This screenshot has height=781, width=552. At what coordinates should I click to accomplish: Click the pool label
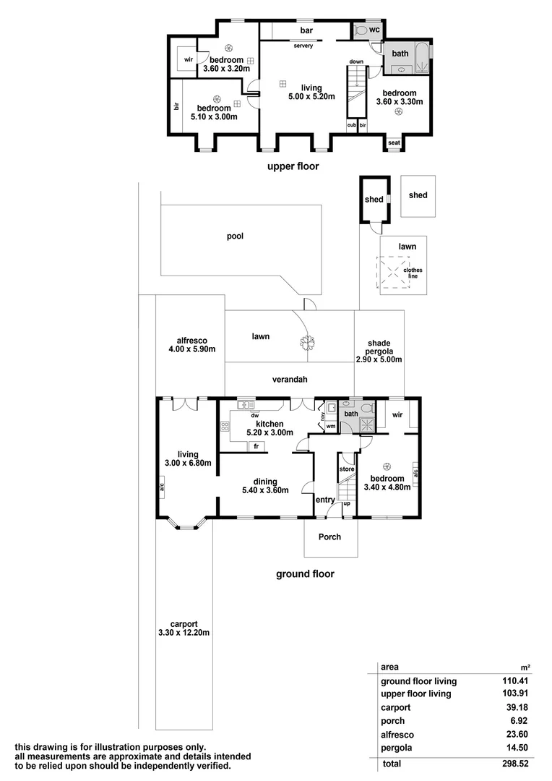click(x=236, y=236)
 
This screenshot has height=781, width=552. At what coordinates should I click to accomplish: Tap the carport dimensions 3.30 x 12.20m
click(x=184, y=633)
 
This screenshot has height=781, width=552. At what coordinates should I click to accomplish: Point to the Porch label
click(x=329, y=537)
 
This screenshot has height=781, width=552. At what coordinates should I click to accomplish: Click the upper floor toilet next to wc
click(x=361, y=30)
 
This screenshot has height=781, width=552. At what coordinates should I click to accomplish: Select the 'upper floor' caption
click(x=293, y=166)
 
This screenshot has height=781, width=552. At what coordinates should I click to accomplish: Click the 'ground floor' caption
click(x=305, y=575)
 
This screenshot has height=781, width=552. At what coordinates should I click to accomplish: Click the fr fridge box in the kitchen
click(x=256, y=446)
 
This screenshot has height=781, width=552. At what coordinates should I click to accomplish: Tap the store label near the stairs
click(x=347, y=469)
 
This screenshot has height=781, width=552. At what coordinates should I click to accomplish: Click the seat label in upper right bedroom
click(x=394, y=142)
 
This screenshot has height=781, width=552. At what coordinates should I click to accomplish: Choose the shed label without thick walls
click(x=418, y=195)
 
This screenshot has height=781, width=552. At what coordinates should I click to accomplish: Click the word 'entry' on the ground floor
click(x=325, y=500)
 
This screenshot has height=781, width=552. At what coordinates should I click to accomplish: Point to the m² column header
click(x=525, y=667)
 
